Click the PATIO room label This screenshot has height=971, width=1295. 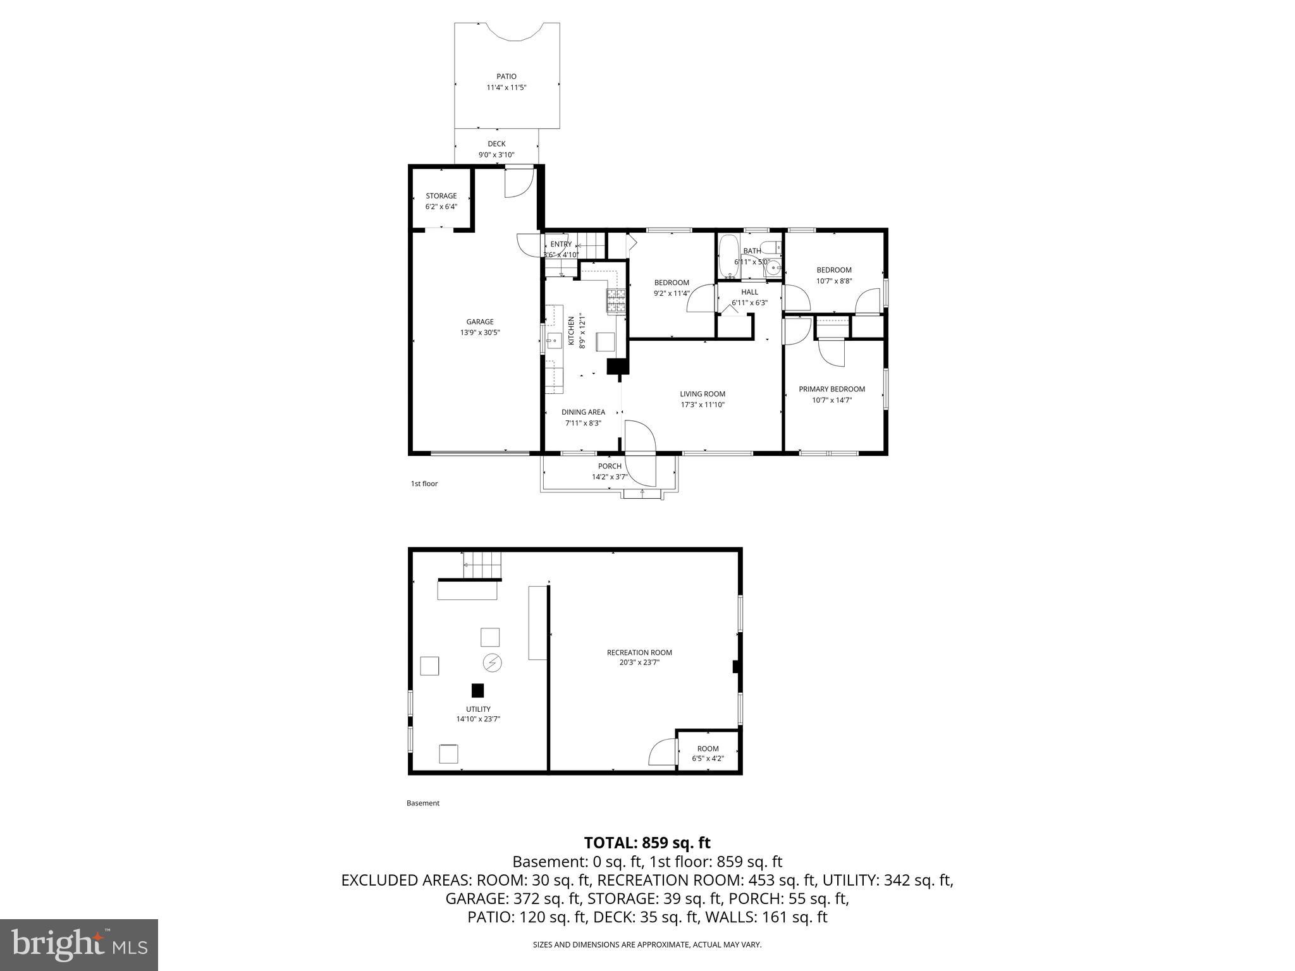pos(506,76)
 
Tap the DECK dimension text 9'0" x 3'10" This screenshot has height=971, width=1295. pos(496,155)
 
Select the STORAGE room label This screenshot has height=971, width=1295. pos(441,196)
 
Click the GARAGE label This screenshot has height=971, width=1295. pos(480,322)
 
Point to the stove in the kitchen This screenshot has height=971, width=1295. pos(616,302)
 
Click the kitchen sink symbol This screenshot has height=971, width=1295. pos(555,341)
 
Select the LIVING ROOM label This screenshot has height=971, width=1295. pos(703,394)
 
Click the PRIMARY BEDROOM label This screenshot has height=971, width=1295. pos(832,389)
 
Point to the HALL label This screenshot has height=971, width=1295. pos(749,292)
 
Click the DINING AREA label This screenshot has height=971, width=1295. pos(583,412)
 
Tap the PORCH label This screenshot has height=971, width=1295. pos(610,467)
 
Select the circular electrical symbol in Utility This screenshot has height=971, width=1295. pos(492,663)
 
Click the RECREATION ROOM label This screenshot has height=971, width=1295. pos(639,652)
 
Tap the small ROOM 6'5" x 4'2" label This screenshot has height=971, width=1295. pos(708,748)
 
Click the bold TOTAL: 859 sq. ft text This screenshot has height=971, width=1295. pos(647,843)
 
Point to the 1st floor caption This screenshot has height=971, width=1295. pos(424,484)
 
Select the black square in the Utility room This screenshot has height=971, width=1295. pos(477,690)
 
